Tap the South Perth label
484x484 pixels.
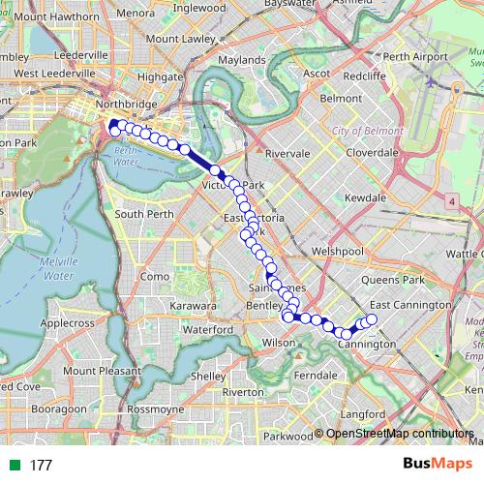pos(143,214)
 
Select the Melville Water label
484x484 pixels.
pos(59,269)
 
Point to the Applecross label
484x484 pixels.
pos(67,322)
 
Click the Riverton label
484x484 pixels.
pos(242,392)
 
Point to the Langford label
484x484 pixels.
pos(364,414)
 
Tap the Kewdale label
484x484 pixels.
pos(365,197)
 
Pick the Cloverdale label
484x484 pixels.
pos(372,153)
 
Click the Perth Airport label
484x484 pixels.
pos(416,57)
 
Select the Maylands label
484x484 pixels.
pos(242,60)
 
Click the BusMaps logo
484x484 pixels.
pos(439,465)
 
